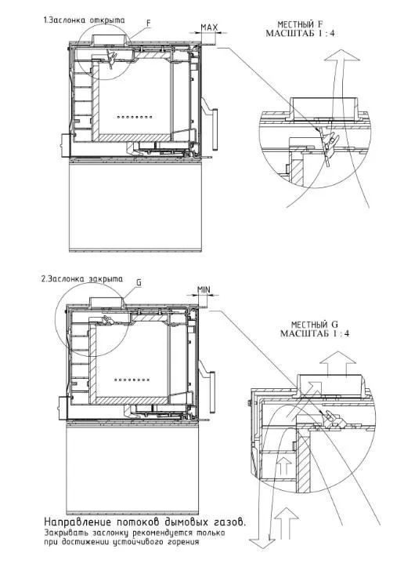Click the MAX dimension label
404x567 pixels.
pyautogui.click(x=209, y=27)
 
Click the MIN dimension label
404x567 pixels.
pyautogui.click(x=204, y=289)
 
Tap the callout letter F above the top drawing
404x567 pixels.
pyautogui.click(x=149, y=23)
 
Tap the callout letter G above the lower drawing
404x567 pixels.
pyautogui.click(x=139, y=282)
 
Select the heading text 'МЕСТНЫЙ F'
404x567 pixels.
pyautogui.click(x=300, y=24)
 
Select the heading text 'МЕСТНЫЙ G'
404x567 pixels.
pyautogui.click(x=315, y=325)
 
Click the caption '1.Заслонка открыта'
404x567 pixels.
pyautogui.click(x=84, y=20)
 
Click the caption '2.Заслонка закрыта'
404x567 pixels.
pyautogui.click(x=82, y=279)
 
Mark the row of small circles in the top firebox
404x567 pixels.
pyautogui.click(x=135, y=117)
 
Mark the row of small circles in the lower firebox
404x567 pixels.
pyautogui.click(x=132, y=380)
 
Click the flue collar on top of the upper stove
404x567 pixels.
pyautogui.click(x=110, y=39)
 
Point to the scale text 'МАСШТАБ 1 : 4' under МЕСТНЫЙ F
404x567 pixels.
pyautogui.click(x=300, y=34)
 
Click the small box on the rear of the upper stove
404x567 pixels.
pyautogui.click(x=65, y=145)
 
